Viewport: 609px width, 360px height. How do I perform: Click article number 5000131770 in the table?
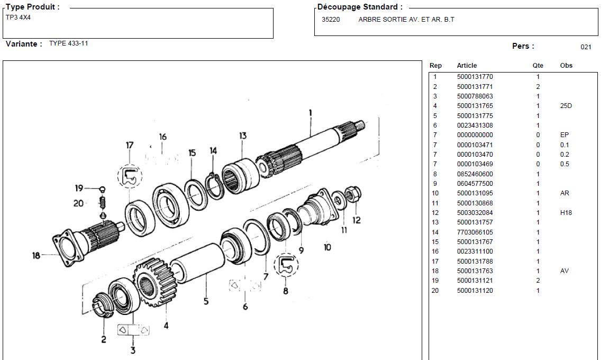[475, 77]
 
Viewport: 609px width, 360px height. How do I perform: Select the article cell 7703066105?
[475, 232]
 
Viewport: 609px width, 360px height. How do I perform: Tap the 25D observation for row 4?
[566, 106]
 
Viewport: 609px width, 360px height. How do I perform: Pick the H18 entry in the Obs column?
[566, 213]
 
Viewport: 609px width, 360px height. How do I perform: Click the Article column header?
[467, 66]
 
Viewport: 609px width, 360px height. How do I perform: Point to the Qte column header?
[538, 66]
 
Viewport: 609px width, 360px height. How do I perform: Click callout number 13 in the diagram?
[242, 136]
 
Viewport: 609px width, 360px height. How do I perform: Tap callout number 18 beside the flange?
[36, 256]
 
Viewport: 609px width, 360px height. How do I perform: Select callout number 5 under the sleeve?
[206, 302]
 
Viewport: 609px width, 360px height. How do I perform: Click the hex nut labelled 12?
[352, 194]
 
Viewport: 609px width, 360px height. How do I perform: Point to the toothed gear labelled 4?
[154, 282]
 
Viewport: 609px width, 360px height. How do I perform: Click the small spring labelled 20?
[104, 202]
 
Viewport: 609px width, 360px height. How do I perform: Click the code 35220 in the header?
[331, 20]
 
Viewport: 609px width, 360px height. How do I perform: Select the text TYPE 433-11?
[69, 43]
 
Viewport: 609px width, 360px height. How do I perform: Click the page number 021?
[586, 47]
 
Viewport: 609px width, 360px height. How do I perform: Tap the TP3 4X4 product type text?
[18, 17]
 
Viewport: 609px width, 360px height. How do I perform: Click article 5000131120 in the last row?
[475, 291]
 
